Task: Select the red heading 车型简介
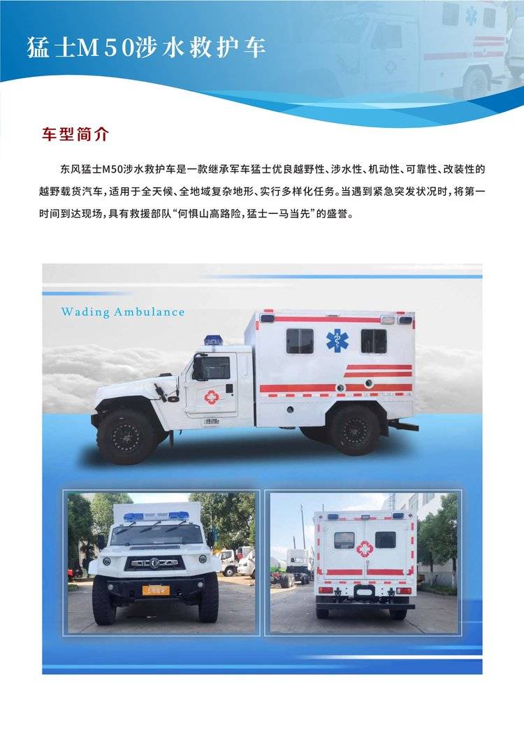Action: click(x=75, y=134)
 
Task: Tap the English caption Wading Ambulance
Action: click(x=122, y=312)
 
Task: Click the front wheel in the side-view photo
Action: click(x=126, y=437)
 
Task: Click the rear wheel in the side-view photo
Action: click(x=354, y=430)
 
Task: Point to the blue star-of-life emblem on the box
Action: click(x=337, y=340)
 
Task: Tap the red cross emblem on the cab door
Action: click(x=212, y=398)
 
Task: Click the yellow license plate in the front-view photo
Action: click(x=156, y=589)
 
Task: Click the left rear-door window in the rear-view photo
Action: click(x=344, y=540)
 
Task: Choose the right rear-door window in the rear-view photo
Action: click(x=385, y=540)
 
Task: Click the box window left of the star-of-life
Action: click(x=300, y=341)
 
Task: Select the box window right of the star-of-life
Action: click(x=374, y=341)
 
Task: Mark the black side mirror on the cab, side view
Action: click(x=198, y=366)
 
